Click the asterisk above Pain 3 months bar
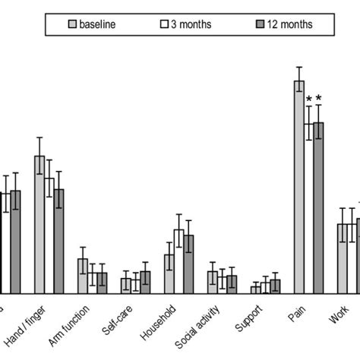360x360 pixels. tap(309, 99)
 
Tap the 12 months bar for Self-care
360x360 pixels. tap(145, 282)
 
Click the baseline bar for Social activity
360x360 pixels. tap(212, 282)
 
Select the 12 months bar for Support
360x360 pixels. tap(276, 286)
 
